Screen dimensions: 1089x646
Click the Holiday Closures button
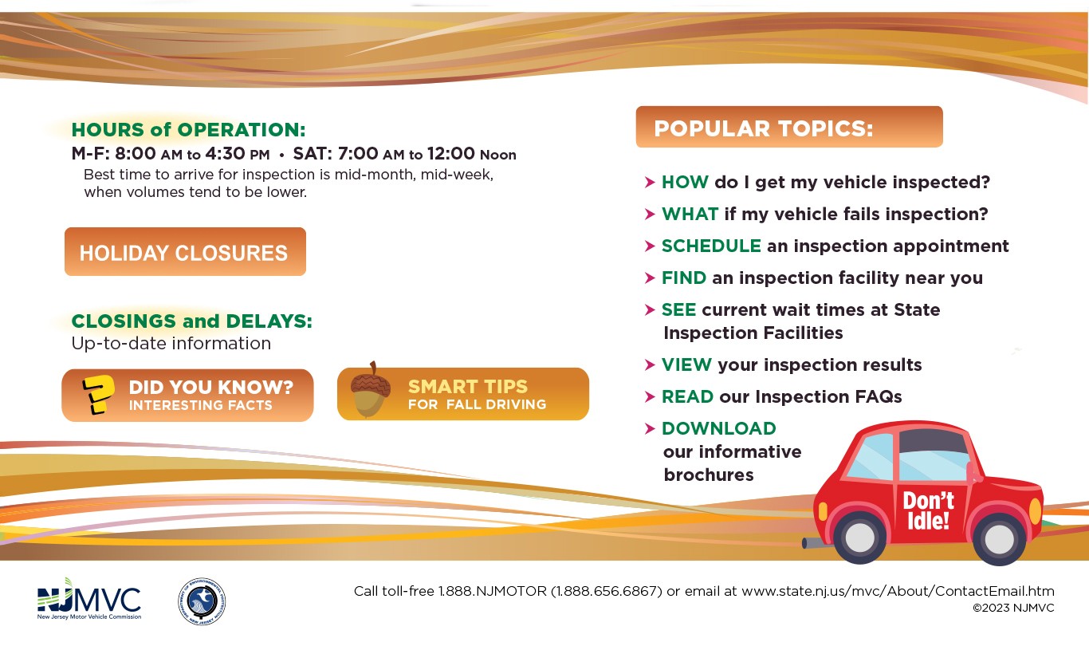(x=185, y=251)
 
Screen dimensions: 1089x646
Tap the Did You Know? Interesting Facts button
(x=187, y=395)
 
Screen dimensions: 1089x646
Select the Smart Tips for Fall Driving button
(x=463, y=393)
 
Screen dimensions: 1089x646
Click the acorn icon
(x=371, y=390)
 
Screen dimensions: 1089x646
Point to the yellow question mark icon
(x=99, y=395)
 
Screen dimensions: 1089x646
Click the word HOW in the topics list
(x=685, y=182)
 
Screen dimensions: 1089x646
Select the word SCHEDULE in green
(x=711, y=246)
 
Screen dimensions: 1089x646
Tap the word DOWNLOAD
(x=719, y=428)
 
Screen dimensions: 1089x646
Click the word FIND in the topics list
(x=683, y=278)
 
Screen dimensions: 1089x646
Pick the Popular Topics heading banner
(x=789, y=127)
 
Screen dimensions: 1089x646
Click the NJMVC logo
(x=89, y=599)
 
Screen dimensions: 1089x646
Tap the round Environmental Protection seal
(x=202, y=601)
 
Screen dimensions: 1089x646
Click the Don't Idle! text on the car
(x=928, y=510)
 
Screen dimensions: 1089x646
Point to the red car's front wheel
(x=999, y=538)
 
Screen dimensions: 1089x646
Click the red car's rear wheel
(x=859, y=537)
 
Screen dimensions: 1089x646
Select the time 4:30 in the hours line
(x=225, y=154)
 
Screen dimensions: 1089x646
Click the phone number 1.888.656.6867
(x=607, y=591)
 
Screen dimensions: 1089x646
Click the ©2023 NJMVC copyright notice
(x=1013, y=608)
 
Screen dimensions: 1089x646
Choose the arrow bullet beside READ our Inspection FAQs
(x=650, y=396)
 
